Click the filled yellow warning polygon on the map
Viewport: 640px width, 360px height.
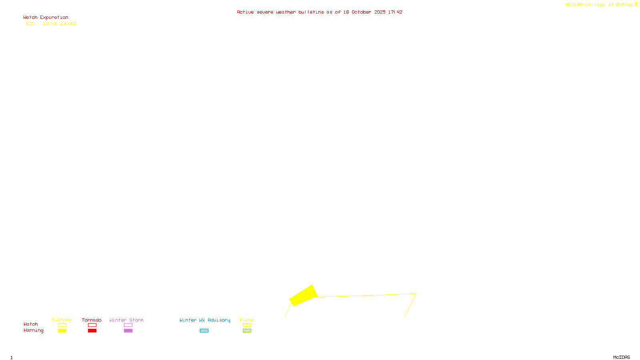click(304, 296)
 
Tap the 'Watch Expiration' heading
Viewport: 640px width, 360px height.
click(46, 18)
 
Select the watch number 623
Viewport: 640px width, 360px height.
click(30, 24)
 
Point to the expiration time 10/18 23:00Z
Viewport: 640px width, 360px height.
click(60, 24)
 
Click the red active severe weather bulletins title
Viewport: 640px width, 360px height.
click(319, 12)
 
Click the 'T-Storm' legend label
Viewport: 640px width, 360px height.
click(62, 320)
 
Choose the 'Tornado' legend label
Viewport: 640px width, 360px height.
click(92, 320)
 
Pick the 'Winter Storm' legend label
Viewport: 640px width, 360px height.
click(126, 320)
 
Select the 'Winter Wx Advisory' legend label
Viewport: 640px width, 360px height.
click(205, 320)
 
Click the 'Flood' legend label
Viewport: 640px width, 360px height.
click(247, 320)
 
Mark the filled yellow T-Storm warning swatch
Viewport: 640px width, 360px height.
click(62, 331)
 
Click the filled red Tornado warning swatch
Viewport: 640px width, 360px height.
click(92, 331)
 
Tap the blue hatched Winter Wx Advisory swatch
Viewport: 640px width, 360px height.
click(204, 331)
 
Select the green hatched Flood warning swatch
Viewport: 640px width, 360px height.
click(247, 331)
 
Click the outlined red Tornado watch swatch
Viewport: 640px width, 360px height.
click(92, 325)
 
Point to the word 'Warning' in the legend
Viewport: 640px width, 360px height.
click(33, 330)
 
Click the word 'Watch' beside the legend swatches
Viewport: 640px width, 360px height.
click(30, 324)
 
